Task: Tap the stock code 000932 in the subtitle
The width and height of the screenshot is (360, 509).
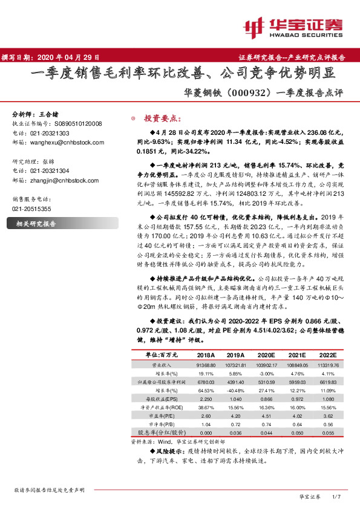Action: (247, 94)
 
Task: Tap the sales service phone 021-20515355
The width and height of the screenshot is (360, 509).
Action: (33, 209)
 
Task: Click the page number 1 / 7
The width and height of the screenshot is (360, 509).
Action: (338, 496)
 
